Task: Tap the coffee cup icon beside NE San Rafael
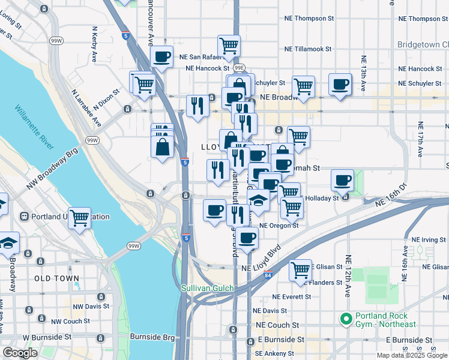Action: click(x=161, y=58)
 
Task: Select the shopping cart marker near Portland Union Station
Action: click(x=79, y=219)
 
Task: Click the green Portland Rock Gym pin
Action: click(x=345, y=319)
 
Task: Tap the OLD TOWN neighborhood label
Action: click(x=56, y=278)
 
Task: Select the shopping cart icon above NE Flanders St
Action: click(x=300, y=269)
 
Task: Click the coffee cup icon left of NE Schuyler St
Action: click(x=340, y=84)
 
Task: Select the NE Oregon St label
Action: click(x=279, y=226)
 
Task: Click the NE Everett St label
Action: click(x=292, y=297)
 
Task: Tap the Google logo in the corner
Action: click(x=20, y=352)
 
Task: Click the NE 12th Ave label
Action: click(x=348, y=276)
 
